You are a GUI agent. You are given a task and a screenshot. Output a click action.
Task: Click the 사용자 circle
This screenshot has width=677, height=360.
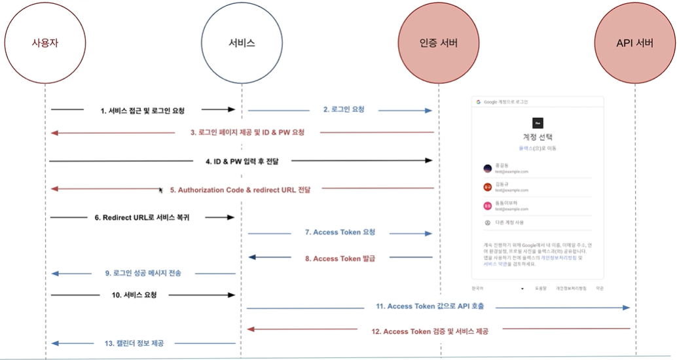(x=45, y=43)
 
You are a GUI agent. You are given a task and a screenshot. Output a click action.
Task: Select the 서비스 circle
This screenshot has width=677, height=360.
(x=242, y=43)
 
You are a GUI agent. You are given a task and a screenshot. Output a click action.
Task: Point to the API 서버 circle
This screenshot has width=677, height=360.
(x=634, y=43)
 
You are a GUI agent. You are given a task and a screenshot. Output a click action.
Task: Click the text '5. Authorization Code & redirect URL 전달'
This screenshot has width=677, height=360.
(x=240, y=189)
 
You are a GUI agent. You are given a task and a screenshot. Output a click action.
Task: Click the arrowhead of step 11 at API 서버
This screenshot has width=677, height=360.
(x=626, y=307)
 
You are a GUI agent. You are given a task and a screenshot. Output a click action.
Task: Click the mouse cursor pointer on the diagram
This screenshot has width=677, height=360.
(x=160, y=190)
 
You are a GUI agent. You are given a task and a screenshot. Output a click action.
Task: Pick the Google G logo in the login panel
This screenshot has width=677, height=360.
(x=479, y=102)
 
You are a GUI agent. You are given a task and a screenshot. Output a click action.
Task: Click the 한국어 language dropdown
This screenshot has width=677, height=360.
(x=498, y=288)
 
